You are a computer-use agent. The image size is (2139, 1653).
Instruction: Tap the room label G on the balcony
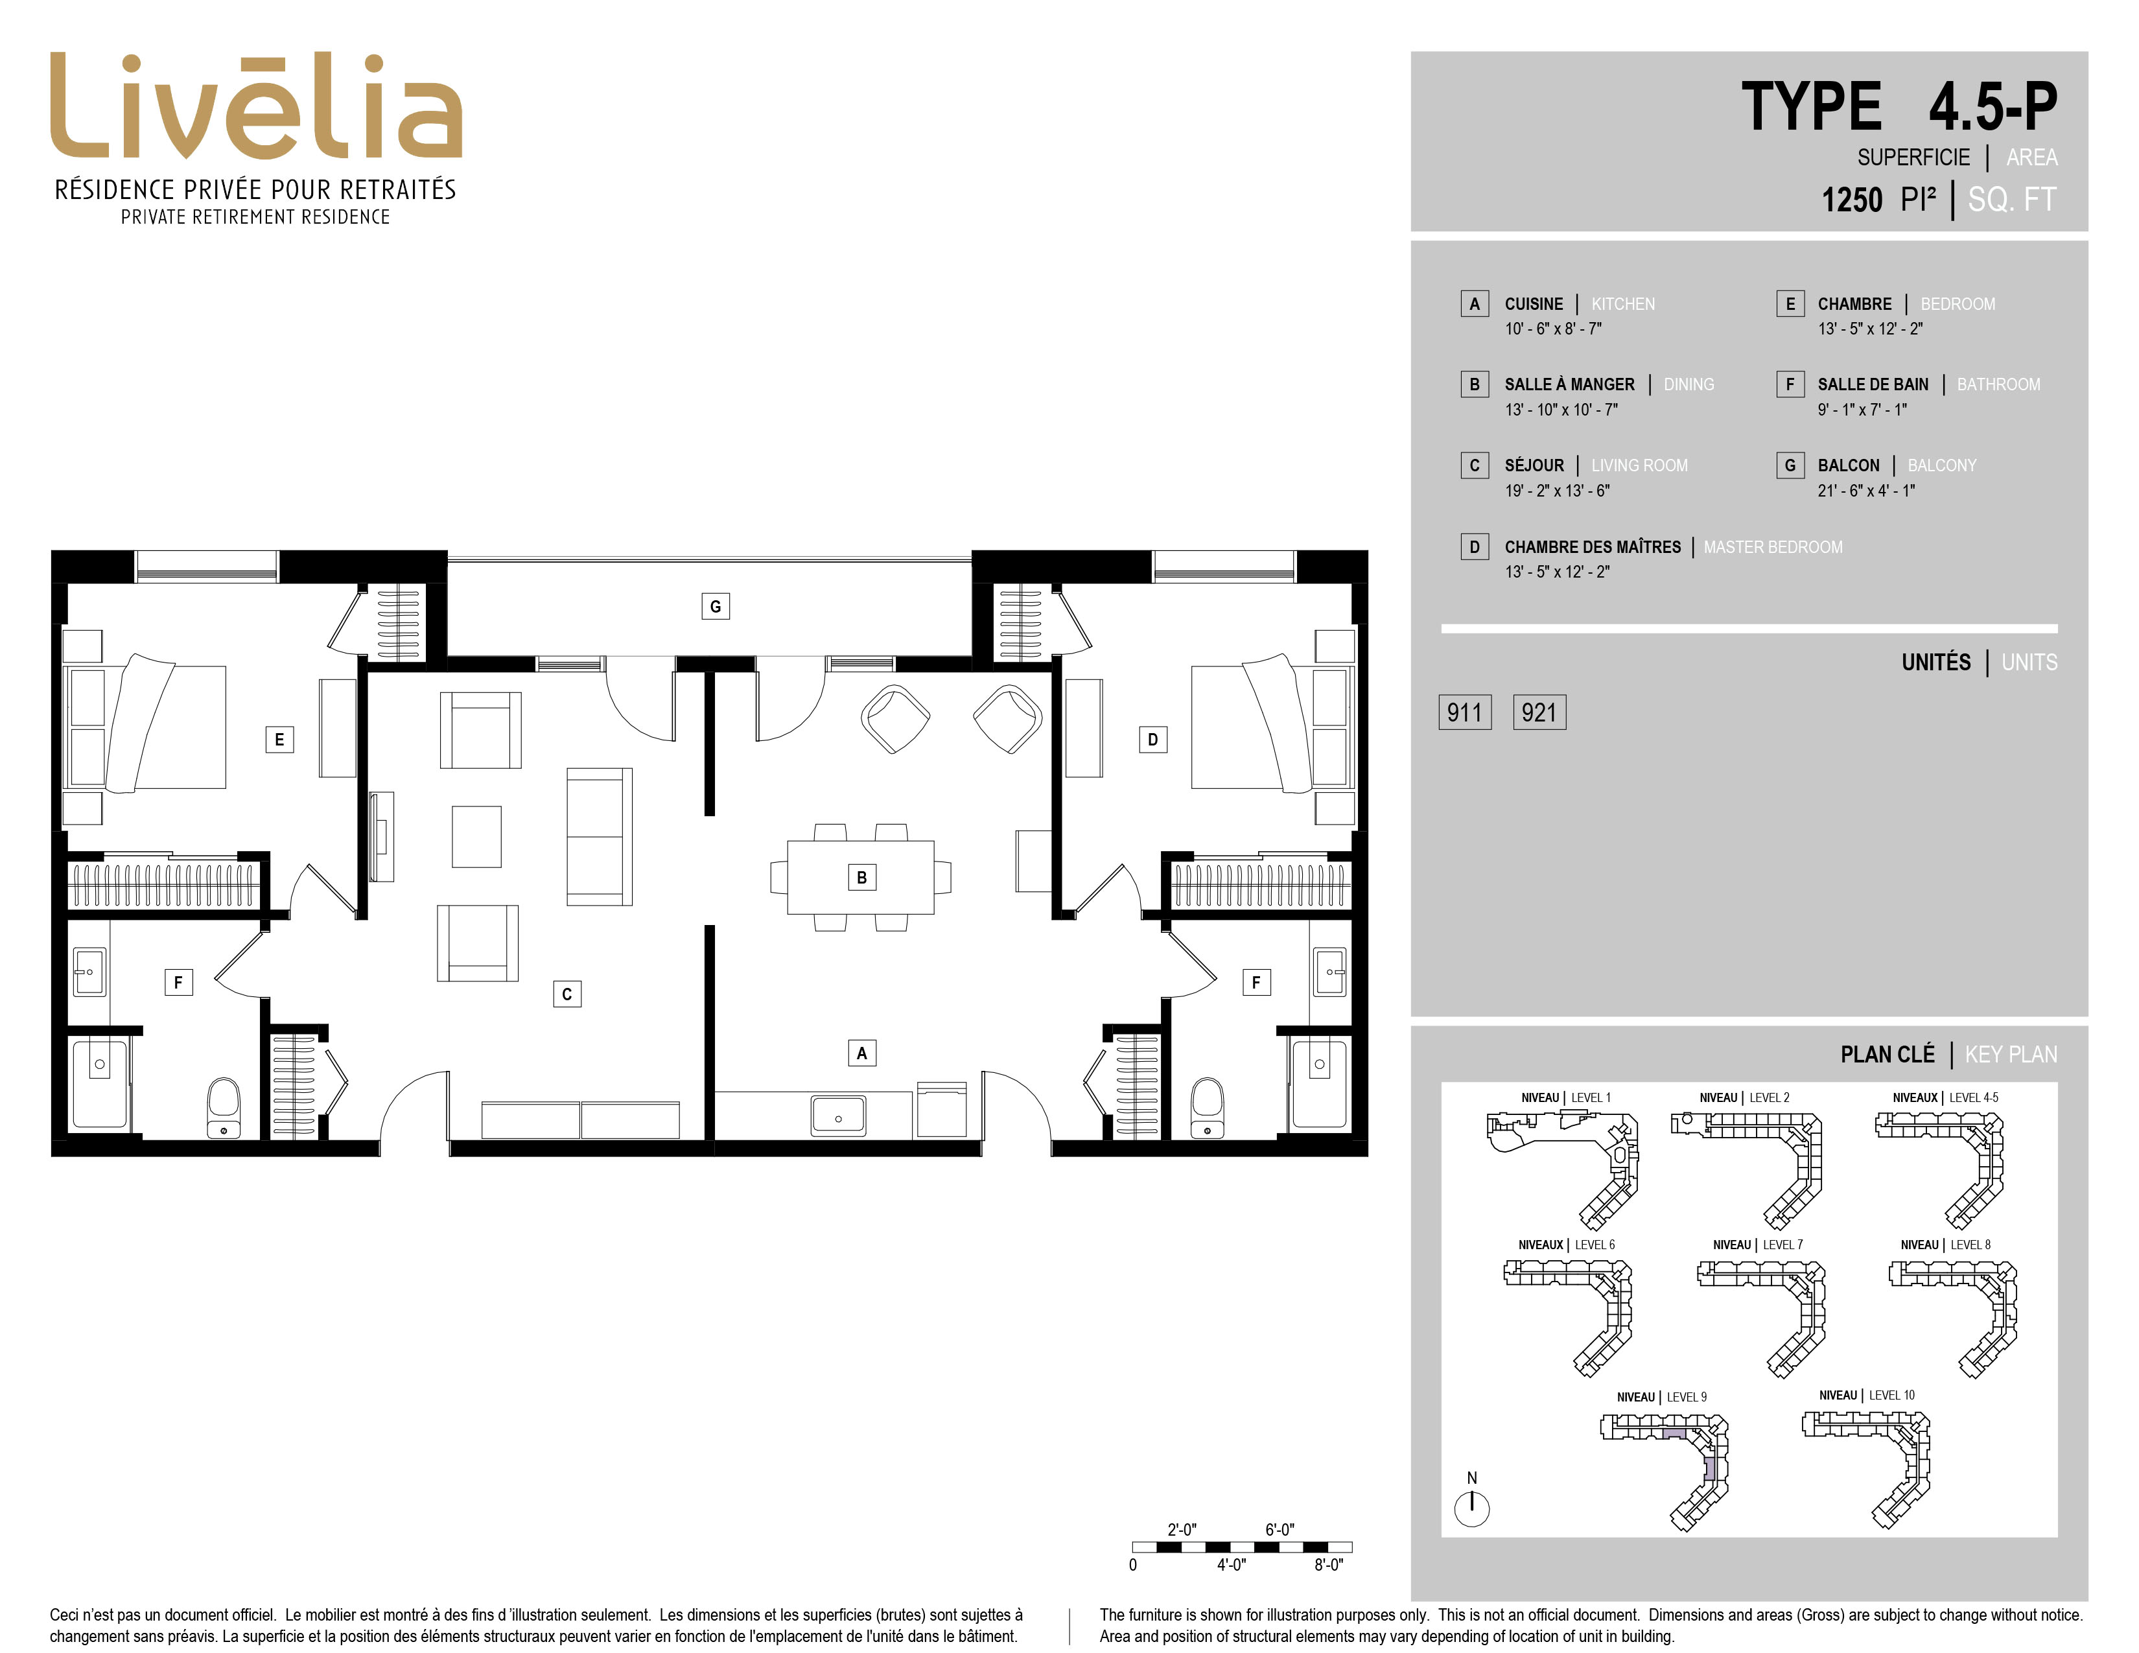point(715,606)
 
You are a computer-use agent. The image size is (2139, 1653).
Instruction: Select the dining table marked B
point(861,878)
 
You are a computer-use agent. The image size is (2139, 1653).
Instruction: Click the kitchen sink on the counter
point(837,1116)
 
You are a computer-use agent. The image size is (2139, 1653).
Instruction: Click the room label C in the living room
point(567,994)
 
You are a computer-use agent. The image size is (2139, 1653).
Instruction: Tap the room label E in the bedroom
point(279,740)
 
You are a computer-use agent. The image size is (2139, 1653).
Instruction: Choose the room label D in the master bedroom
point(1152,740)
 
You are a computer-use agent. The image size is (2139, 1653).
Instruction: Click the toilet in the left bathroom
point(224,1108)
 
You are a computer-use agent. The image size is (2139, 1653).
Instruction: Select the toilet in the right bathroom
point(1207,1108)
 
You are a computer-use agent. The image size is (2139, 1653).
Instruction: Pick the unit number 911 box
point(1464,712)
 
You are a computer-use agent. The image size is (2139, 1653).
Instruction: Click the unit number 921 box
point(1539,712)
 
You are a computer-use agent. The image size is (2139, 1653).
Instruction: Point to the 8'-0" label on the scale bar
point(1328,1565)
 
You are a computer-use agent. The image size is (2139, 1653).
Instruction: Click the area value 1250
point(1851,200)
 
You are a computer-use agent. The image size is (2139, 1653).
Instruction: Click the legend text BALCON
point(1848,465)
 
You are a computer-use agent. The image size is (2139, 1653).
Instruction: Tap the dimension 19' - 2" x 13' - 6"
point(1557,491)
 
